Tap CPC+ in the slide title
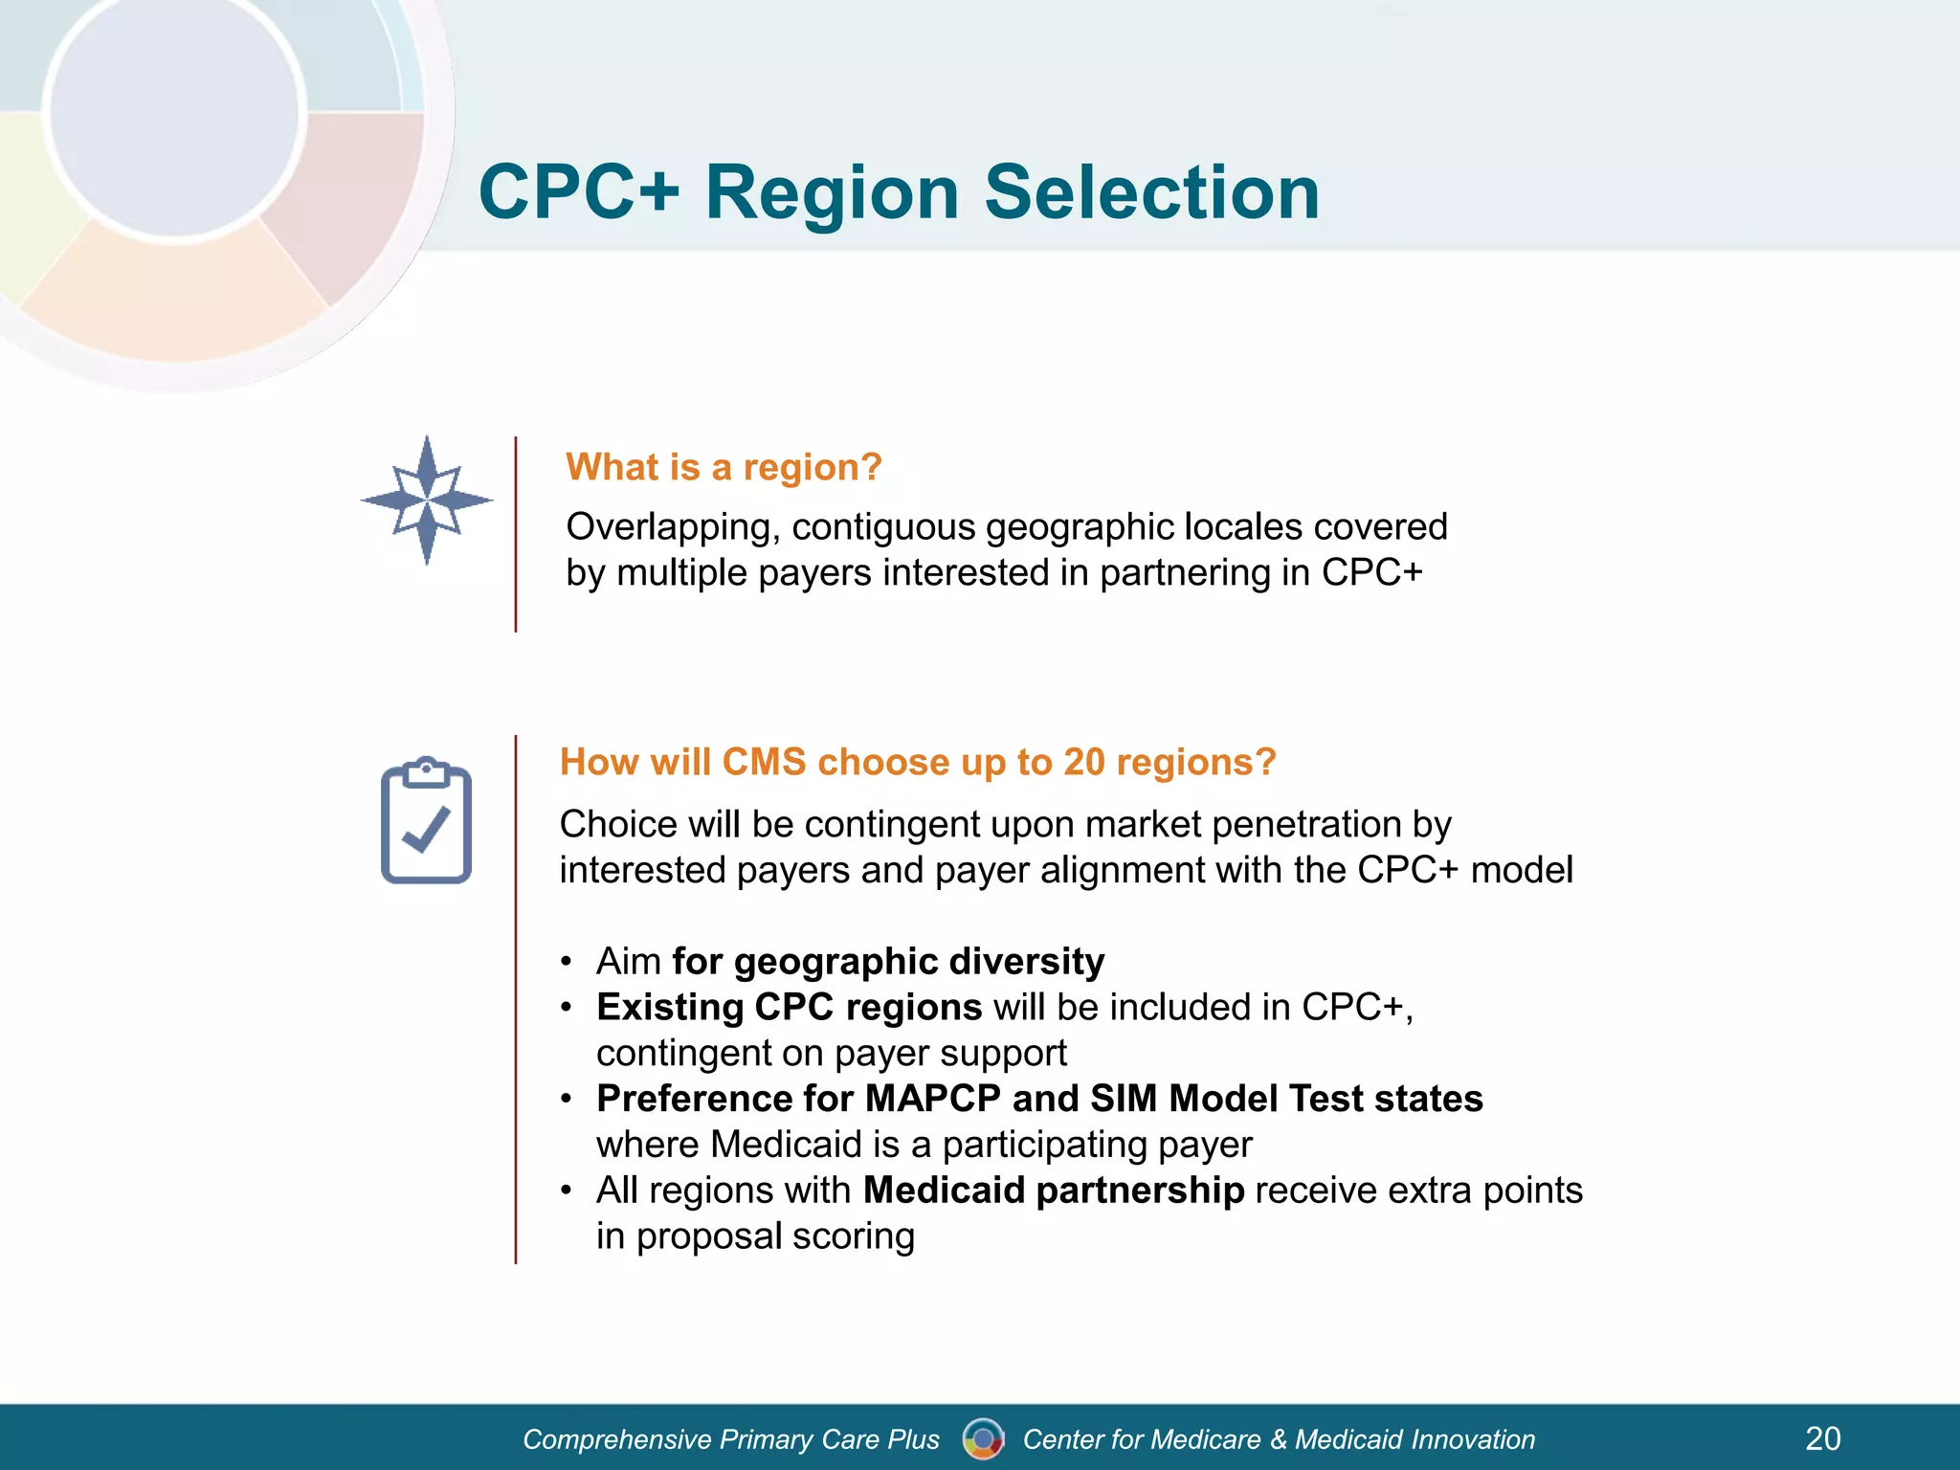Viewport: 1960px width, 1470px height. pos(579,192)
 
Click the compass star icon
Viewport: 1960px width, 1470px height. pos(427,500)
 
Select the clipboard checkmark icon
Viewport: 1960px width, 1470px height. pos(427,821)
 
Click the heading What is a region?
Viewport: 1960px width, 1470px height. pos(724,467)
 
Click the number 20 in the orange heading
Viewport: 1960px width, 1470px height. pos(1083,762)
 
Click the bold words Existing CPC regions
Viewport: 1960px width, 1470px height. pos(789,1007)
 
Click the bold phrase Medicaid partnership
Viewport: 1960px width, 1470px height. pos(1053,1191)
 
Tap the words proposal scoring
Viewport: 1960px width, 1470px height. pos(775,1236)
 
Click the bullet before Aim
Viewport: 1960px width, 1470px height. pos(567,962)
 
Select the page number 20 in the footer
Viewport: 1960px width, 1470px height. pos(1822,1438)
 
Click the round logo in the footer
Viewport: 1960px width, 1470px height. pos(983,1438)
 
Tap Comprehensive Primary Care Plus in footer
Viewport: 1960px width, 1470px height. pos(731,1439)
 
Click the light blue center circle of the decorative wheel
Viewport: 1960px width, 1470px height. pos(174,115)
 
